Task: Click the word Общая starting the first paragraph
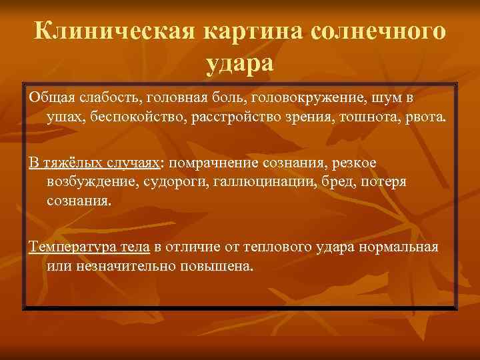click(x=51, y=98)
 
